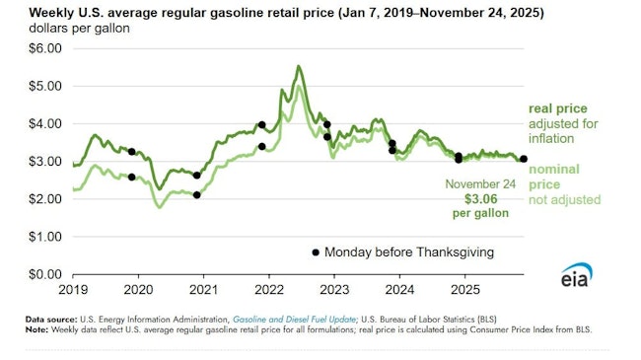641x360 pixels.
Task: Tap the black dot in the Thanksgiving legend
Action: point(316,252)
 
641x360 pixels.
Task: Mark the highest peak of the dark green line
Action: point(299,66)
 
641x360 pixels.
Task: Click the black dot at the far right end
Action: point(524,159)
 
